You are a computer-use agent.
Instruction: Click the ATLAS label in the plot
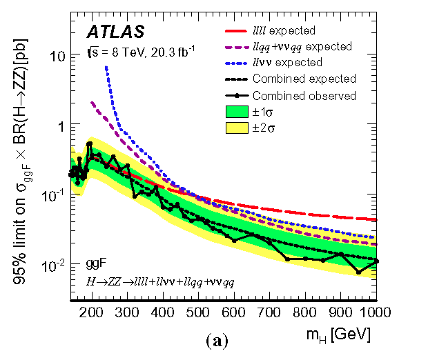click(115, 32)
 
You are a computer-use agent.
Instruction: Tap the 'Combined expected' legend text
click(304, 79)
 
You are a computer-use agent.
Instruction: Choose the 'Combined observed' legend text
click(304, 96)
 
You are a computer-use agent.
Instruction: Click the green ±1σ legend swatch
click(237, 112)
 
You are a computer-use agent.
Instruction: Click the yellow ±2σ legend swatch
click(237, 128)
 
